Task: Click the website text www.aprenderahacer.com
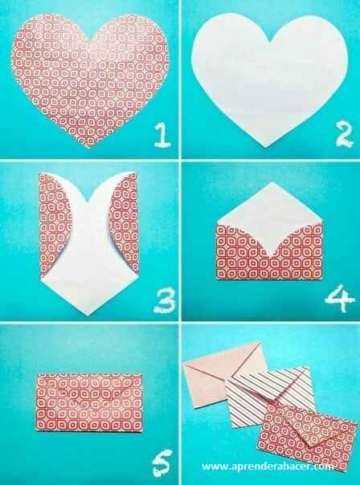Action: pyautogui.click(x=276, y=467)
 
